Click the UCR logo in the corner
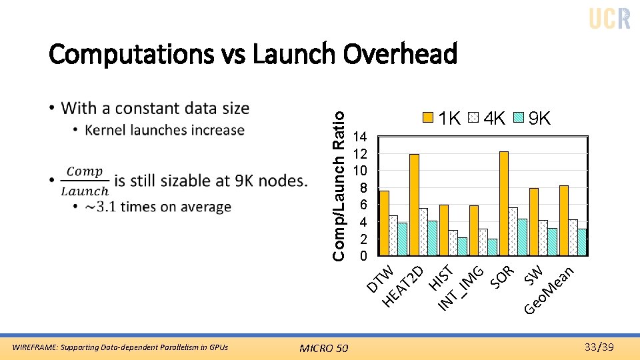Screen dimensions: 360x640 pos(609,19)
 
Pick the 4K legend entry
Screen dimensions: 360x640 pos(487,119)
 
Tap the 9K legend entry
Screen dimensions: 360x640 pos(532,119)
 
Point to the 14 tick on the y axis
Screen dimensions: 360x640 pos(361,137)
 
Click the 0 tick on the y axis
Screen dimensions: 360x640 pos(363,256)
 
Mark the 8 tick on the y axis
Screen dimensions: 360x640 pos(363,188)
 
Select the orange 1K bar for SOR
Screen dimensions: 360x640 pos(503,203)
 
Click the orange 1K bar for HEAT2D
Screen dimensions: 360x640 pos(414,205)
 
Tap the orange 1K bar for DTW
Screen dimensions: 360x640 pos(384,223)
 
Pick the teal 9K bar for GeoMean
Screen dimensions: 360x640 pos(582,242)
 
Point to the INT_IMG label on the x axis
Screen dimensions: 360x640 pos(461,288)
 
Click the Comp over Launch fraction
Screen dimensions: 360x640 pos(84,181)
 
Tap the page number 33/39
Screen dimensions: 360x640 pos(598,347)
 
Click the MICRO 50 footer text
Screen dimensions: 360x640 pos(324,347)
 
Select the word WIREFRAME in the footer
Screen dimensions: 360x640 pos(33,347)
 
